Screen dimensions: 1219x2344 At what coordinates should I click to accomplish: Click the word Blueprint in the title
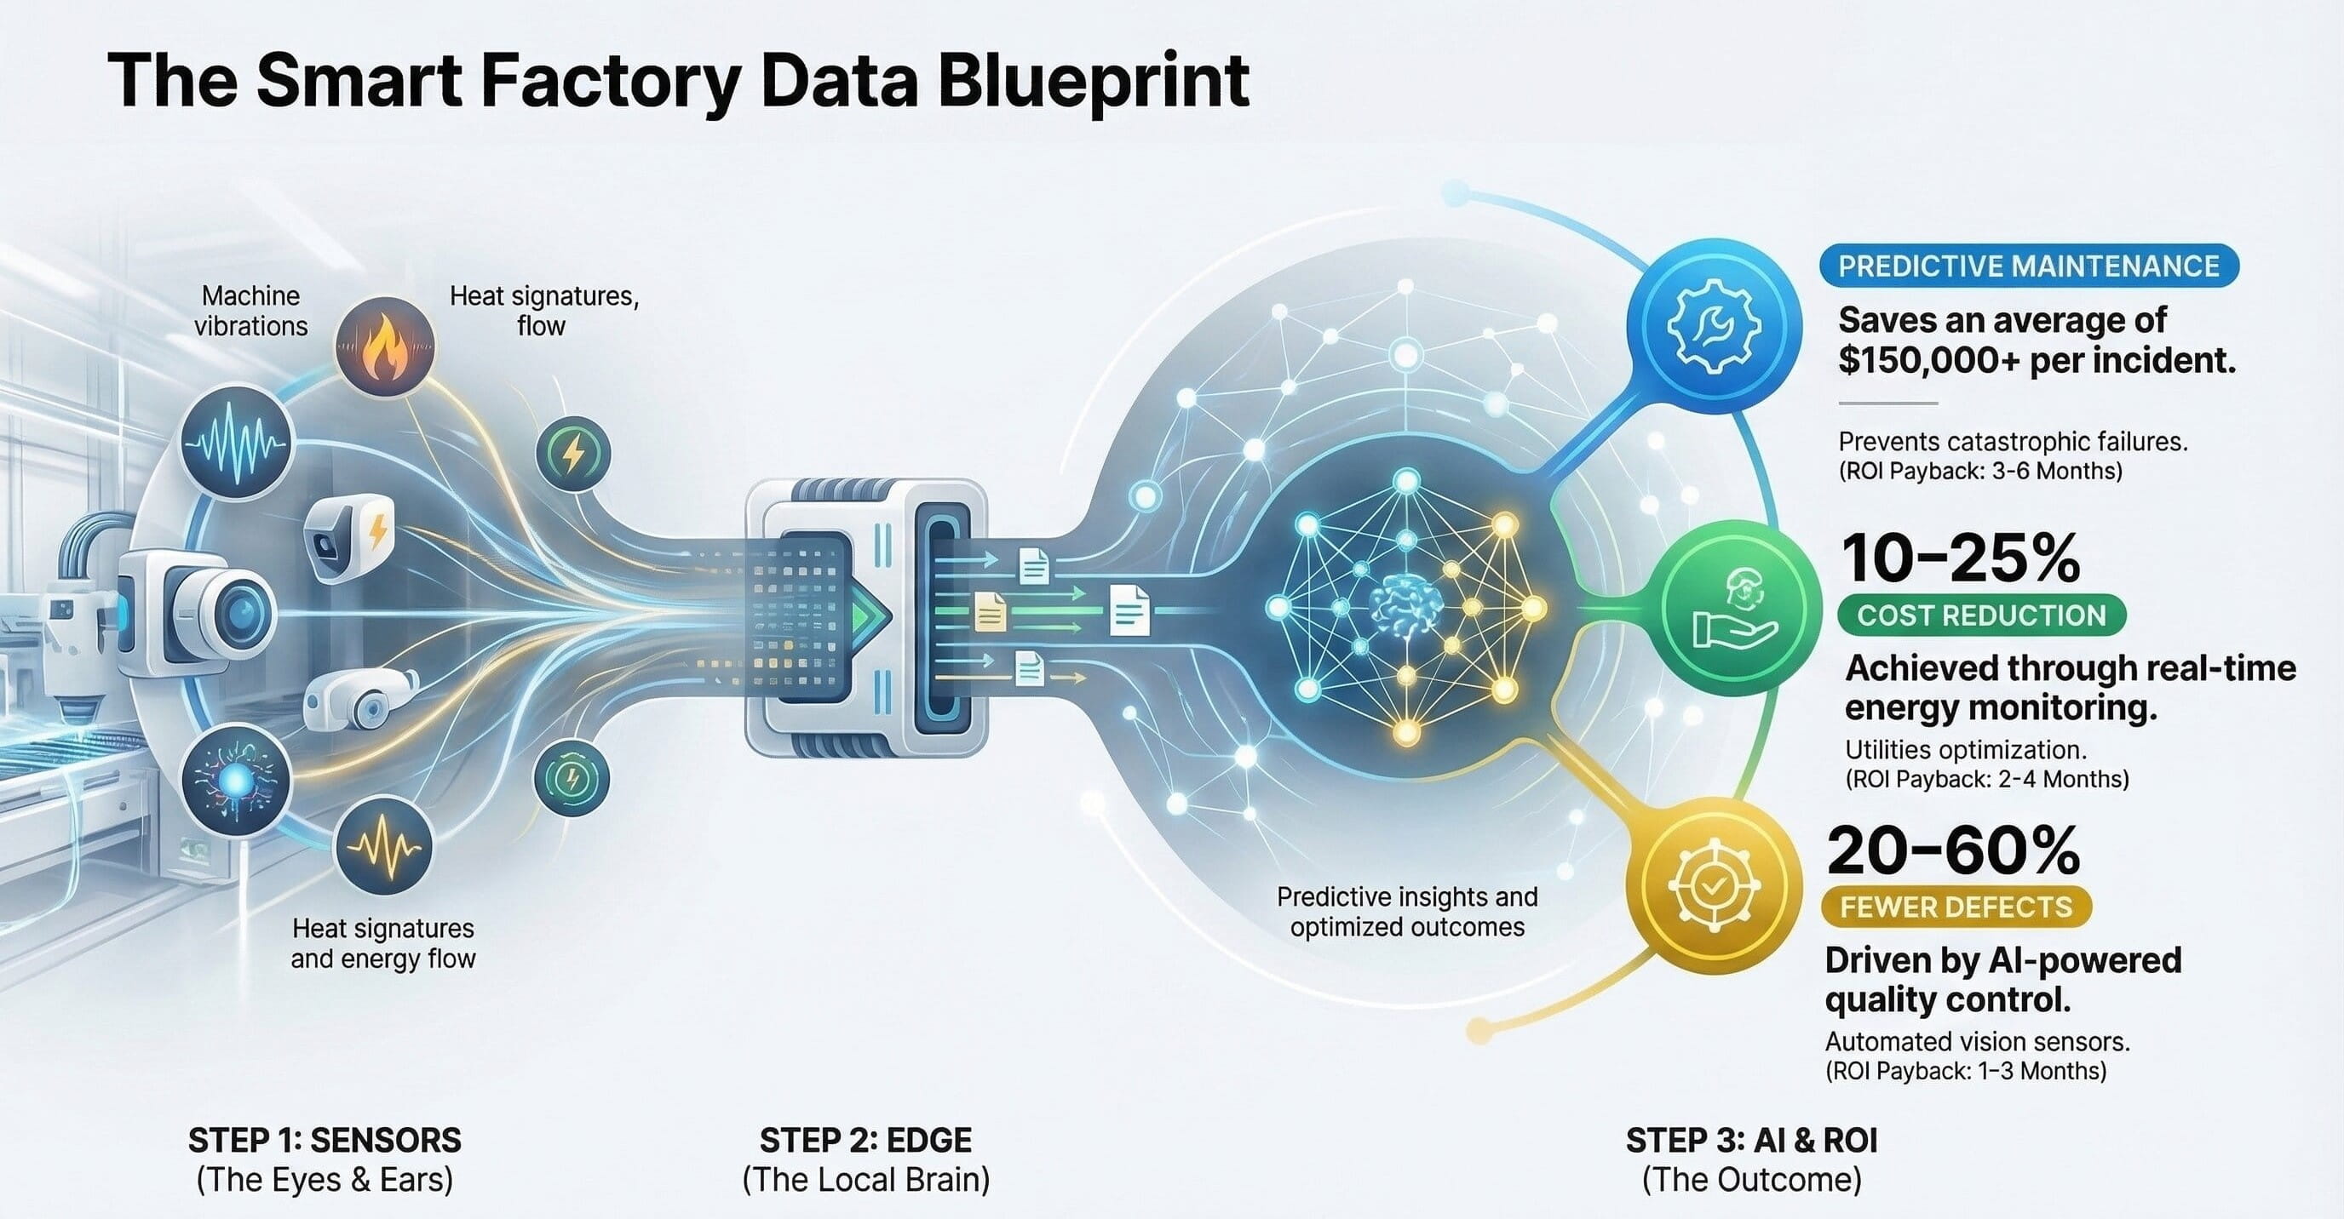[1093, 82]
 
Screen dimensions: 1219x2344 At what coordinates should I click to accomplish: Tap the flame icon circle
[384, 346]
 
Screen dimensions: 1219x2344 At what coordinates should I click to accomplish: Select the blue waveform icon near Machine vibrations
[236, 444]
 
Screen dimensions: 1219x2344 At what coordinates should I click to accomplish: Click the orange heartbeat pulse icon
[384, 847]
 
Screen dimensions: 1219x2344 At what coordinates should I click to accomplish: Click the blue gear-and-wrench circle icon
[1714, 326]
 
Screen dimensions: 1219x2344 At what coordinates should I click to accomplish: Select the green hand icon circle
[1741, 607]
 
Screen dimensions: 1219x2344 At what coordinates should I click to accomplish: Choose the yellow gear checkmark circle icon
[1714, 885]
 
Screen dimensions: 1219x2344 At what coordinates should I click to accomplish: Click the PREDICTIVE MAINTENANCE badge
[2028, 266]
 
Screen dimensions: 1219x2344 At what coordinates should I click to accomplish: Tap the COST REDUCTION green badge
[1981, 615]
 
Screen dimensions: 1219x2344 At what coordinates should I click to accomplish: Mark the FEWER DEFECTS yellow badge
[1956, 907]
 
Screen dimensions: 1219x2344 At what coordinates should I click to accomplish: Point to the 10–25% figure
[1961, 558]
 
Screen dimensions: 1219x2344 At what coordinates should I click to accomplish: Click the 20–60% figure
[1953, 850]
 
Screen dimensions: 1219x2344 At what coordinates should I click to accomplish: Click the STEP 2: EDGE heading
[865, 1140]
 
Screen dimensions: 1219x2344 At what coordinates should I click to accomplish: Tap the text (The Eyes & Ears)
[325, 1180]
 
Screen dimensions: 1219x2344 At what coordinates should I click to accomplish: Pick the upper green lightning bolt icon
[572, 453]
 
